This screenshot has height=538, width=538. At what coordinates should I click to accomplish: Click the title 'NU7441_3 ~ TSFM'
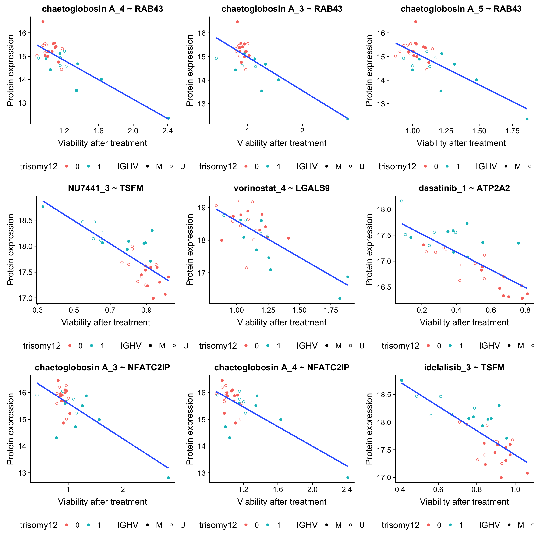(x=106, y=188)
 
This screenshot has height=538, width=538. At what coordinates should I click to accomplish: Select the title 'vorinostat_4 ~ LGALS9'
(x=282, y=188)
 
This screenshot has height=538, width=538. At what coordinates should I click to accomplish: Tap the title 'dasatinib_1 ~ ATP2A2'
(x=464, y=188)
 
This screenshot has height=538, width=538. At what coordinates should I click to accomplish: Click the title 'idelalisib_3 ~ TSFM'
(x=464, y=367)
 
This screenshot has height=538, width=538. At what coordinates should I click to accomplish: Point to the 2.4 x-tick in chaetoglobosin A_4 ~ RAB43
(x=167, y=131)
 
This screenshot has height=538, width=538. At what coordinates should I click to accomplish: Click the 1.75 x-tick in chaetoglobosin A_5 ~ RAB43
(x=512, y=131)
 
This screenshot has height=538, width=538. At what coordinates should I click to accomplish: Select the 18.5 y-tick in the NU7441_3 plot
(x=25, y=220)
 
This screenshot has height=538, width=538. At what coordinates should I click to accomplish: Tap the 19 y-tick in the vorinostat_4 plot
(x=202, y=208)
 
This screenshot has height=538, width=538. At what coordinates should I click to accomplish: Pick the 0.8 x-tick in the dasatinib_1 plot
(x=525, y=310)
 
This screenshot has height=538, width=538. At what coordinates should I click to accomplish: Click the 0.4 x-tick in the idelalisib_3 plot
(x=400, y=489)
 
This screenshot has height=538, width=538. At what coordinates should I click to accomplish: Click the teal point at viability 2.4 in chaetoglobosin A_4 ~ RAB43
(x=168, y=118)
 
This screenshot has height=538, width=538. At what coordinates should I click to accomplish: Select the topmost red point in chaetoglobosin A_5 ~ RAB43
(x=415, y=22)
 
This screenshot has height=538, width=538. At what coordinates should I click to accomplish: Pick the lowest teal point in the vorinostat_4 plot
(x=340, y=298)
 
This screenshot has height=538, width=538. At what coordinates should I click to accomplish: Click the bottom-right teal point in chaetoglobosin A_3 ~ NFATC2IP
(x=168, y=478)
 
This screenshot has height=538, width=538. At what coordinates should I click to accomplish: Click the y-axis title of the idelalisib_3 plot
(x=369, y=429)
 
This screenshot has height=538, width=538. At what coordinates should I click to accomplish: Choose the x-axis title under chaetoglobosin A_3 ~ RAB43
(x=282, y=143)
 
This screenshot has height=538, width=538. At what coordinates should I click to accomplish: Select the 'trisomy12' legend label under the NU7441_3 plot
(x=42, y=346)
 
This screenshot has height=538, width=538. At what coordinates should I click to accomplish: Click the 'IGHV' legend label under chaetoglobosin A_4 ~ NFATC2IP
(x=307, y=525)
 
